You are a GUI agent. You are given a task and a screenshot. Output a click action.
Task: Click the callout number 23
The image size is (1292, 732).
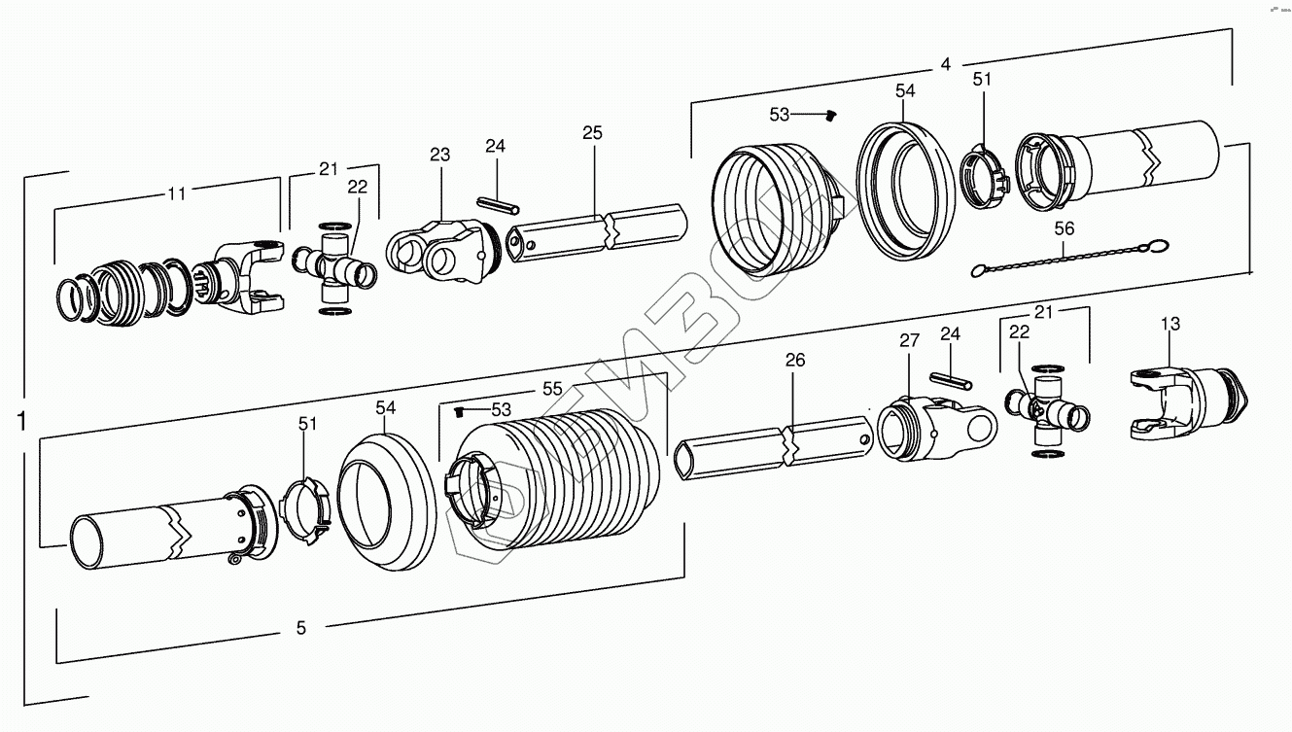440,155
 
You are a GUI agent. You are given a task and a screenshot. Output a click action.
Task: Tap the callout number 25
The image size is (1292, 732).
593,132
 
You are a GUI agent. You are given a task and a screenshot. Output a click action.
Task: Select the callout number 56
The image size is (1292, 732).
1065,228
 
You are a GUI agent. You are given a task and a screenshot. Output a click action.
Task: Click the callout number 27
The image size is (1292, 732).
909,340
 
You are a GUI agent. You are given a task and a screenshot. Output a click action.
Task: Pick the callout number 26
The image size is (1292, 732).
795,361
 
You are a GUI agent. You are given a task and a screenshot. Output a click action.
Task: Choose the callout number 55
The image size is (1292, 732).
552,388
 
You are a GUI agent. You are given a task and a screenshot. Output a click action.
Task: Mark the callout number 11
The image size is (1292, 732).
176,193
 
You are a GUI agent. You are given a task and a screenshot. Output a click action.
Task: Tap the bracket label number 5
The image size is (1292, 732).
300,629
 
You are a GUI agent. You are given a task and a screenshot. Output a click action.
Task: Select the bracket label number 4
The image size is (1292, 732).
945,65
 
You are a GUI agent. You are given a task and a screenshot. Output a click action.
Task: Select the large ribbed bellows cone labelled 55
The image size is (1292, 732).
554,486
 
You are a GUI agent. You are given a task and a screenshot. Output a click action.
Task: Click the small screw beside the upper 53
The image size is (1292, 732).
830,117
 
